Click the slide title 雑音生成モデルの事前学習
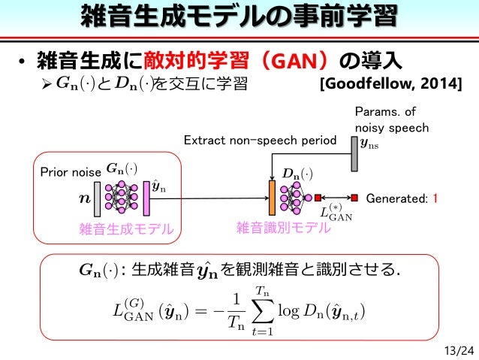(x=239, y=17)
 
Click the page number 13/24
(x=459, y=349)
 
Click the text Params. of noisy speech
(x=390, y=120)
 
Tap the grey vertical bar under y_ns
(x=354, y=153)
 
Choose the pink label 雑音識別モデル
(x=282, y=228)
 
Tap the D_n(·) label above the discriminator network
(x=297, y=174)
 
